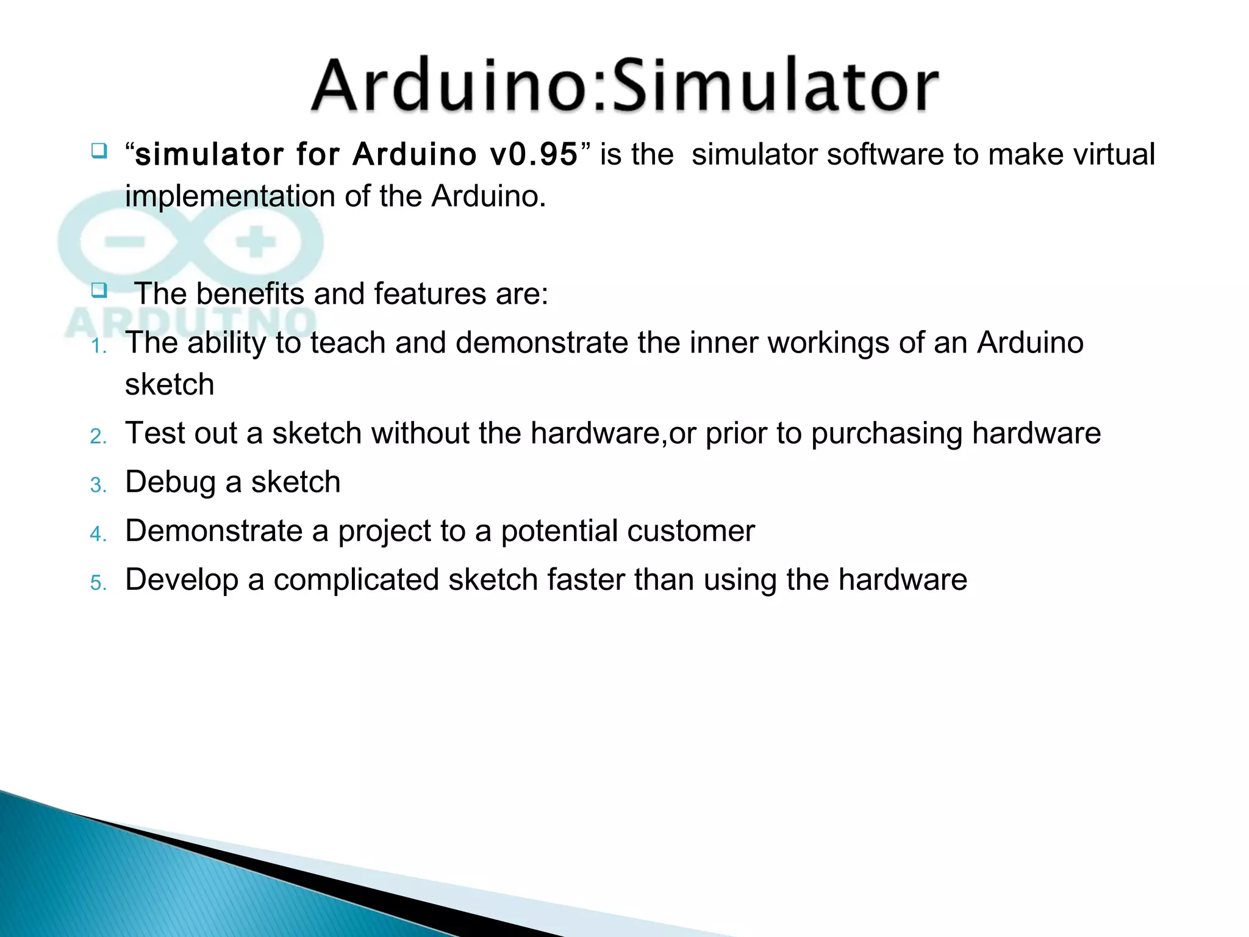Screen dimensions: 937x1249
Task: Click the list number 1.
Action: pyautogui.click(x=97, y=346)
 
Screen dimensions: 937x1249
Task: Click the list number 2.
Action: pyautogui.click(x=98, y=437)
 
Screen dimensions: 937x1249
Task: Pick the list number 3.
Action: pyautogui.click(x=98, y=486)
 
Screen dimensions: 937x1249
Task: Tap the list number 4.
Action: pyautogui.click(x=98, y=534)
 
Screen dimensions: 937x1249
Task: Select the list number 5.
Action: pyautogui.click(x=98, y=583)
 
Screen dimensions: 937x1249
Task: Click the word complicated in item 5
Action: pyautogui.click(x=356, y=580)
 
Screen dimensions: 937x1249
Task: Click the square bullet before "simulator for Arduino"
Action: pyautogui.click(x=99, y=150)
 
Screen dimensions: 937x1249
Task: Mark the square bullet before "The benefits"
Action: pyautogui.click(x=99, y=290)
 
